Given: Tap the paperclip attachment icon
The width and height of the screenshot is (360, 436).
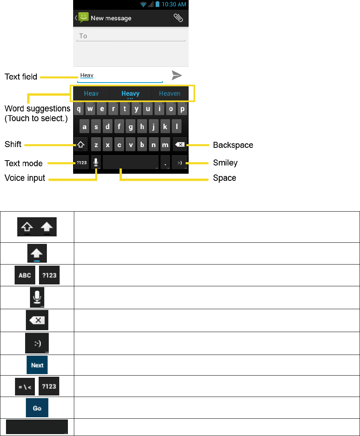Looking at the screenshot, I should pos(178,18).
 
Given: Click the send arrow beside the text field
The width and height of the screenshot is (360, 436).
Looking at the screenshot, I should pos(177,75).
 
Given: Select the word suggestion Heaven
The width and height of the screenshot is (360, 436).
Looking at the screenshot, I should pos(169,93).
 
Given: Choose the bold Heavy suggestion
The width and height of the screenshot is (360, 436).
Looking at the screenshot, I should pos(130,93).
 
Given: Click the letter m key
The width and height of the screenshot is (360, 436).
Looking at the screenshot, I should pos(165,144).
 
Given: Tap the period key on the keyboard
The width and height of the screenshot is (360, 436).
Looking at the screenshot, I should pos(165,162).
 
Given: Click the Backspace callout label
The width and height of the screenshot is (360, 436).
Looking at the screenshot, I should pos(233,145).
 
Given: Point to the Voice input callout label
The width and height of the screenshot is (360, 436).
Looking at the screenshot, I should pos(25,178).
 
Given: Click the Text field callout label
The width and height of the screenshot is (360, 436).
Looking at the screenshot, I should pos(21,77).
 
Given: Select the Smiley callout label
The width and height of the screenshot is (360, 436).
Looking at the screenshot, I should pos(225,162).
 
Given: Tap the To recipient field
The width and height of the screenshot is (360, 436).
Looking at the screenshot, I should pos(130,36).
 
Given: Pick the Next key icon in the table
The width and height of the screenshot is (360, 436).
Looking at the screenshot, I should pos(37,365).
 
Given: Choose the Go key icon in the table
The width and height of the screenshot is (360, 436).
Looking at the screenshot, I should pos(37,408).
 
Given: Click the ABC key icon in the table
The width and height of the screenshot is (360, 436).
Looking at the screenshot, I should pos(25,275).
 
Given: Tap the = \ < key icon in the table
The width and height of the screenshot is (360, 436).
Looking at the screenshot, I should pos(25,386).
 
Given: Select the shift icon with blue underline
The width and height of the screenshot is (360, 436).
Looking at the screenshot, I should pos(37,253).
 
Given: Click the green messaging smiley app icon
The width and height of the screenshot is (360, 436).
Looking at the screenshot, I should pos(83,18).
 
